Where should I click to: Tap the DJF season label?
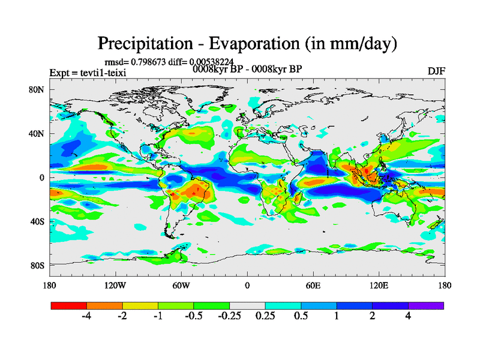[437, 71]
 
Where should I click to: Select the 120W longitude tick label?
[115, 285]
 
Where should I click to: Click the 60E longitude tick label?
[313, 285]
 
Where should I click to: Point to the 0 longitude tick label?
[247, 285]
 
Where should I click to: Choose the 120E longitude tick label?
[379, 285]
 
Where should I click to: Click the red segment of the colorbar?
[69, 305]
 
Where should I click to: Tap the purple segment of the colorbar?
[426, 305]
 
